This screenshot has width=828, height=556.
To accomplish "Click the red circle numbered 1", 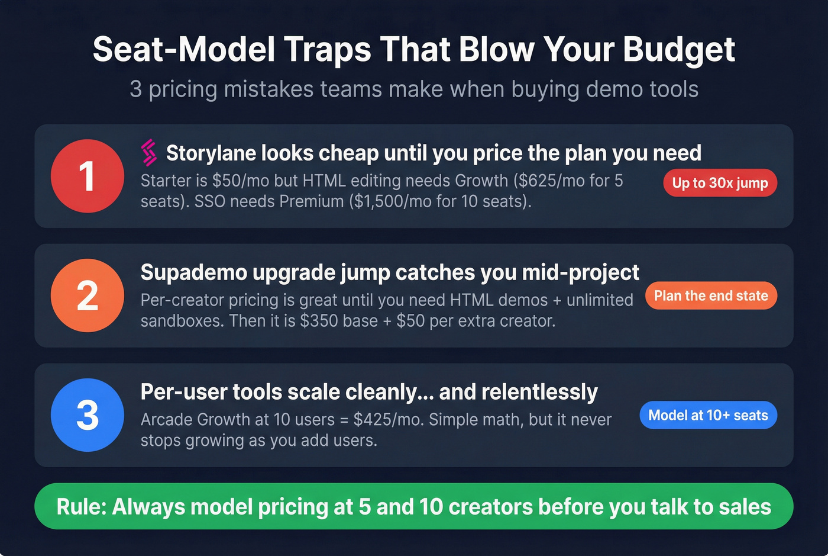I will tap(87, 176).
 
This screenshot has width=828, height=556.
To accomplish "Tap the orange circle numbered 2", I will tap(87, 295).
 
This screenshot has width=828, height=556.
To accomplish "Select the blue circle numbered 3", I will tap(87, 415).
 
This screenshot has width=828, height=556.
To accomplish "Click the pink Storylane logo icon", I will tap(149, 152).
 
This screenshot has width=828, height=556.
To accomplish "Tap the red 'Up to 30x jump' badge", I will tap(720, 183).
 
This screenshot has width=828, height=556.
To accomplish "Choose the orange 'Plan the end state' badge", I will tap(711, 295).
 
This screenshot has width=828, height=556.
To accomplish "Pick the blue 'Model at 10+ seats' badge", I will tap(708, 415).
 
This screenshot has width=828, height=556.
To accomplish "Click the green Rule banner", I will tap(413, 507).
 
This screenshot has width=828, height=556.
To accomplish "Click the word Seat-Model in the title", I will tap(183, 49).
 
